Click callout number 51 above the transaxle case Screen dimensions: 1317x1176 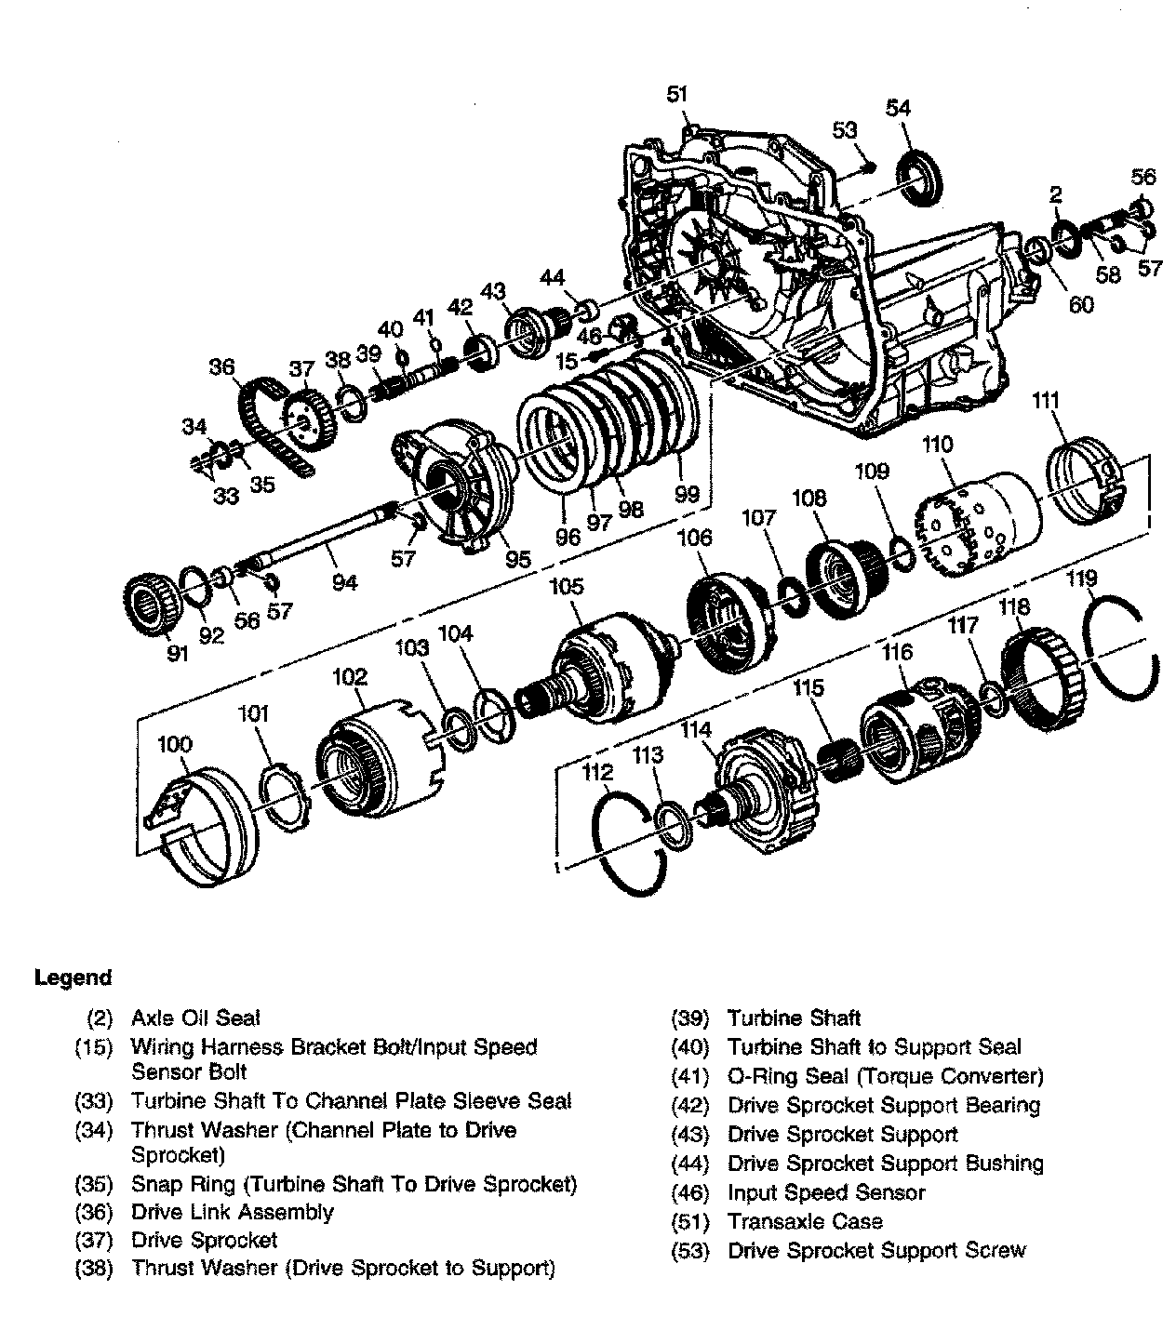tap(676, 93)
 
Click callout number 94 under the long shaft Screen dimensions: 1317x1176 tap(344, 582)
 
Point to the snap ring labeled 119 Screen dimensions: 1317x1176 tap(1122, 650)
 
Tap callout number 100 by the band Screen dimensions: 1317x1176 tap(175, 744)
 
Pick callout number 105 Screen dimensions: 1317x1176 tap(566, 586)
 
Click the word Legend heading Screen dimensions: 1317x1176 tap(73, 978)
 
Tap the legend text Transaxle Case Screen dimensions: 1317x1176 tap(805, 1221)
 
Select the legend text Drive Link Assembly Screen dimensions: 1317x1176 tap(232, 1212)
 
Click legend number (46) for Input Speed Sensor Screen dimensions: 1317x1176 tap(690, 1192)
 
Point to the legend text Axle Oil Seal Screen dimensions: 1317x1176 tap(195, 1018)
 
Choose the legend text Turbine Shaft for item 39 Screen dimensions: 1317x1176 tap(794, 1018)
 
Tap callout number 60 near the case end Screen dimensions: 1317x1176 tap(1081, 304)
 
